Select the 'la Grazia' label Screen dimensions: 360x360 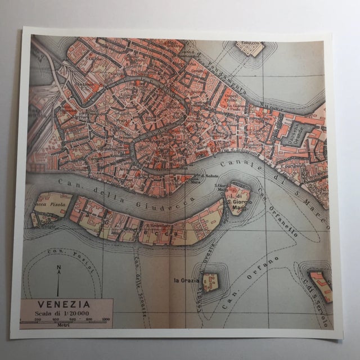click(184, 280)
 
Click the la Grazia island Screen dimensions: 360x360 click(210, 281)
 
